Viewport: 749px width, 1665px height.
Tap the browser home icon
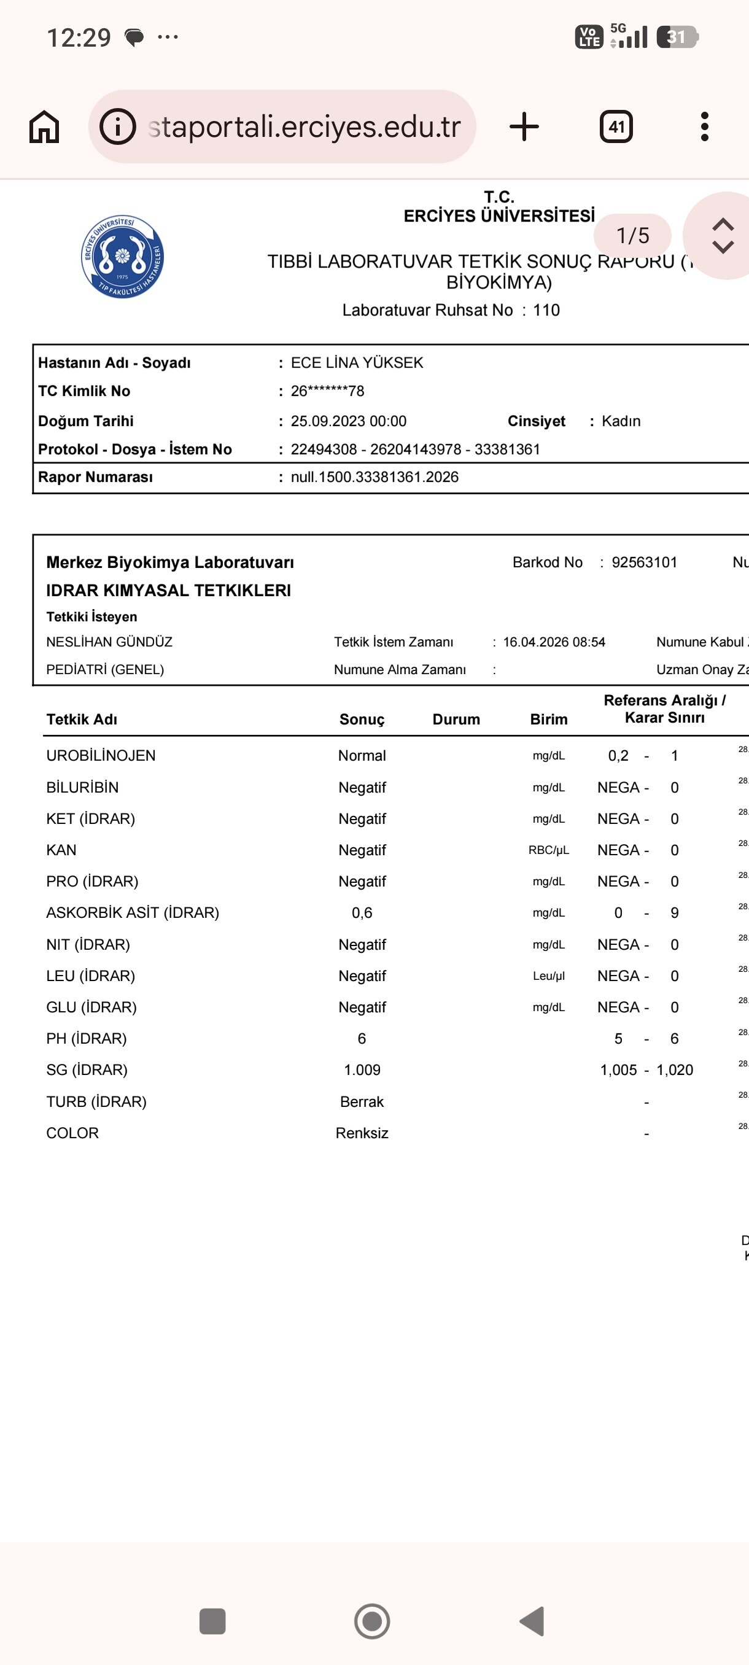click(x=44, y=126)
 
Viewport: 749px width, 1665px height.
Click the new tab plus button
click(x=524, y=126)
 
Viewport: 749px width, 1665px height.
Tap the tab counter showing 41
click(x=616, y=126)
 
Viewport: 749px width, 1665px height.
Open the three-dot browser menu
click(x=704, y=126)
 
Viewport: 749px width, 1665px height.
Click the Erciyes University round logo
click(x=122, y=257)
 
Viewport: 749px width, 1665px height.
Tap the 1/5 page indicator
click(x=632, y=235)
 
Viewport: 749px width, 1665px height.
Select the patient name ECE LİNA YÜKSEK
click(x=357, y=363)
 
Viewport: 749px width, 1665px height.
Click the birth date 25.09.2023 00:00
click(x=348, y=421)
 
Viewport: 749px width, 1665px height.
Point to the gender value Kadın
click(x=621, y=421)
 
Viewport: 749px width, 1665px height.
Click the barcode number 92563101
click(x=643, y=562)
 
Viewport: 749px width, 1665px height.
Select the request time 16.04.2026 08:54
click(x=554, y=642)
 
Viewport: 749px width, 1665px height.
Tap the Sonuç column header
click(x=361, y=720)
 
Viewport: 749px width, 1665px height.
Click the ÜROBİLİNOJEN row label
click(x=101, y=756)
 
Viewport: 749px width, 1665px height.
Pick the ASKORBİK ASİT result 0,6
click(x=361, y=913)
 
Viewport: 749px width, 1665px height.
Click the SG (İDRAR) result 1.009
click(x=361, y=1069)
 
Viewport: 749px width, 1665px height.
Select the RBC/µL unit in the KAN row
click(x=548, y=850)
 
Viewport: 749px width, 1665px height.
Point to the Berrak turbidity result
click(x=361, y=1101)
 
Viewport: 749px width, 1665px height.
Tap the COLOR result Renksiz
click(x=361, y=1133)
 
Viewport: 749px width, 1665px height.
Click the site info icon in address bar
click(x=118, y=126)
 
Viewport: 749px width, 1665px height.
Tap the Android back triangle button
click(x=532, y=1621)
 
